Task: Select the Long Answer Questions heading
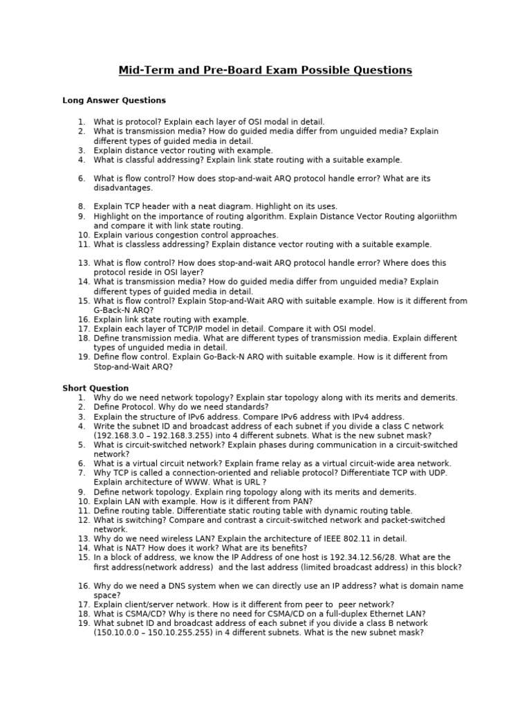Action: [114, 100]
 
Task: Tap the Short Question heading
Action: [95, 388]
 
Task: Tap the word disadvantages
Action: [123, 188]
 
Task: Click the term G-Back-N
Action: [113, 310]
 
